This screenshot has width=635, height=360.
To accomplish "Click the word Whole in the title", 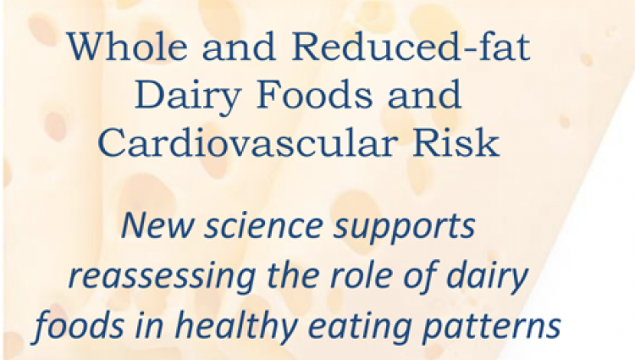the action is (127, 47).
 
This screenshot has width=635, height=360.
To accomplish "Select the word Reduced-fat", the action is (411, 47).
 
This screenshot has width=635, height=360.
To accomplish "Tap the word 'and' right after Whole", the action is (240, 47).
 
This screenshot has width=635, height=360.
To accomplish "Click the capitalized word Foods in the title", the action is (314, 95).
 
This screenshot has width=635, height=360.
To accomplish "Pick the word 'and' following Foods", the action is (424, 96).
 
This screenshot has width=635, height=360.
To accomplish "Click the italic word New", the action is (157, 225).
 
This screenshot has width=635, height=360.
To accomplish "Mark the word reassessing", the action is (162, 278).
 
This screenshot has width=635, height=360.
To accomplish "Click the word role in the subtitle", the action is (363, 275).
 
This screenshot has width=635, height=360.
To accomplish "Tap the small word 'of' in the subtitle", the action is (421, 276).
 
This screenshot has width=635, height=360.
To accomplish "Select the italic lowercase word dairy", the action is (487, 278).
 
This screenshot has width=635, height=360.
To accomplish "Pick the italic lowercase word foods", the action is (79, 325).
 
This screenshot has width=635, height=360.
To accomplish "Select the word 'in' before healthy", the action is (150, 325).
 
